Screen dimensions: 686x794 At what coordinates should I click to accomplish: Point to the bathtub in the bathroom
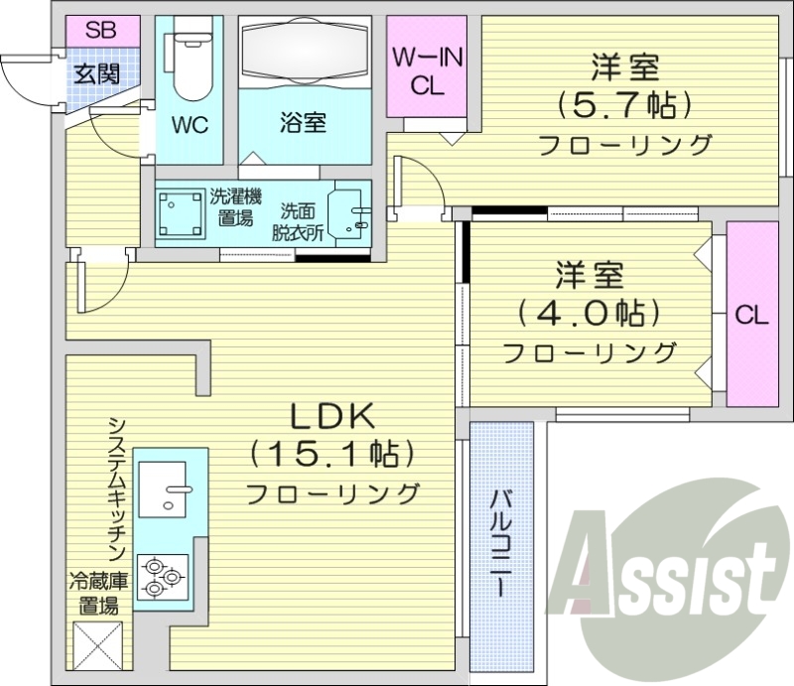pos(304,49)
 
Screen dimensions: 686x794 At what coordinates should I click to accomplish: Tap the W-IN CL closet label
pos(426,71)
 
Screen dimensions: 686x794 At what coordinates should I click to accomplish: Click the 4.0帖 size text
pos(589,313)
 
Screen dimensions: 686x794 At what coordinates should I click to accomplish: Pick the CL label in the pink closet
pos(751,315)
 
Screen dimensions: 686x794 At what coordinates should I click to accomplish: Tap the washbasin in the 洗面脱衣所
pos(348,211)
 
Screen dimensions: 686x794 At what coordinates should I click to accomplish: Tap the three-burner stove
pos(162,577)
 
